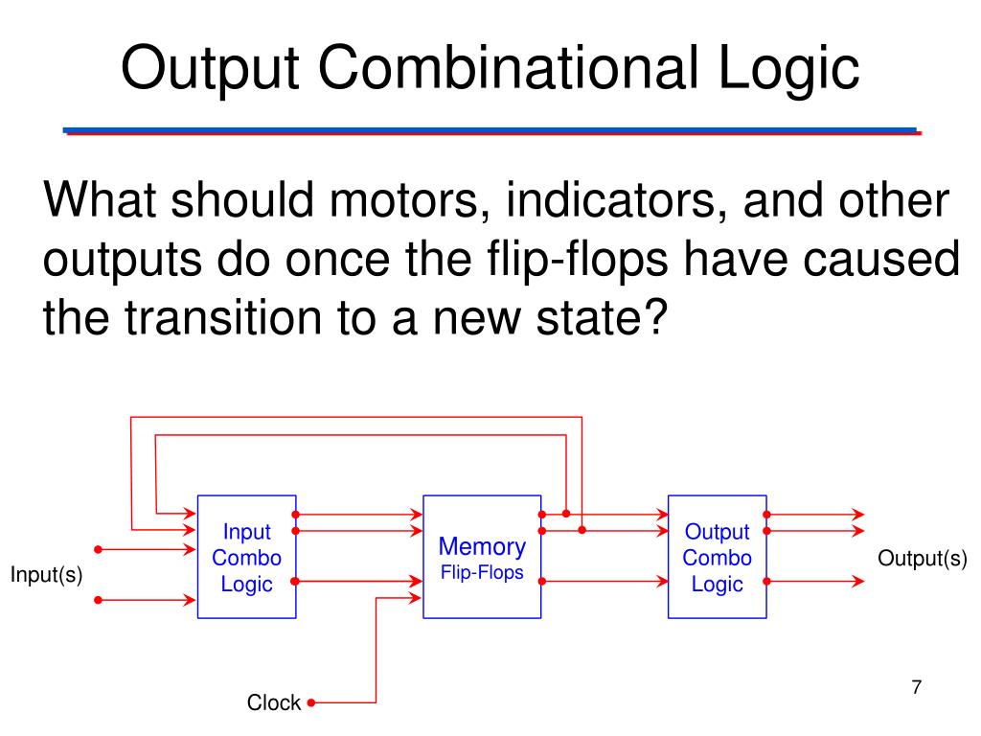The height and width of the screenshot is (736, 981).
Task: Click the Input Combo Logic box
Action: pyautogui.click(x=246, y=557)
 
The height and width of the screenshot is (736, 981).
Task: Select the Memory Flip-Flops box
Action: pyautogui.click(x=482, y=557)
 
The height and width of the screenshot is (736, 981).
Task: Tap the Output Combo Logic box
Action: pyautogui.click(x=717, y=557)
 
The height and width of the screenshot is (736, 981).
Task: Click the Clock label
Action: pyautogui.click(x=274, y=702)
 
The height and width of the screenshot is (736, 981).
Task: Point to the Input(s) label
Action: pyautogui.click(x=47, y=575)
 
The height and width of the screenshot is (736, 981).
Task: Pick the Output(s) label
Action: pyautogui.click(x=923, y=559)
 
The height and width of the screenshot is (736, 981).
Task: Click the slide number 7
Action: pyautogui.click(x=916, y=686)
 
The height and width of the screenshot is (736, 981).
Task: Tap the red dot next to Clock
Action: pyautogui.click(x=311, y=702)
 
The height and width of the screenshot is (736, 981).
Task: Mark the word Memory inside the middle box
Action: pyautogui.click(x=482, y=547)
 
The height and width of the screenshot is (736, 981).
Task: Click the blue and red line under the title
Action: pyautogui.click(x=490, y=131)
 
